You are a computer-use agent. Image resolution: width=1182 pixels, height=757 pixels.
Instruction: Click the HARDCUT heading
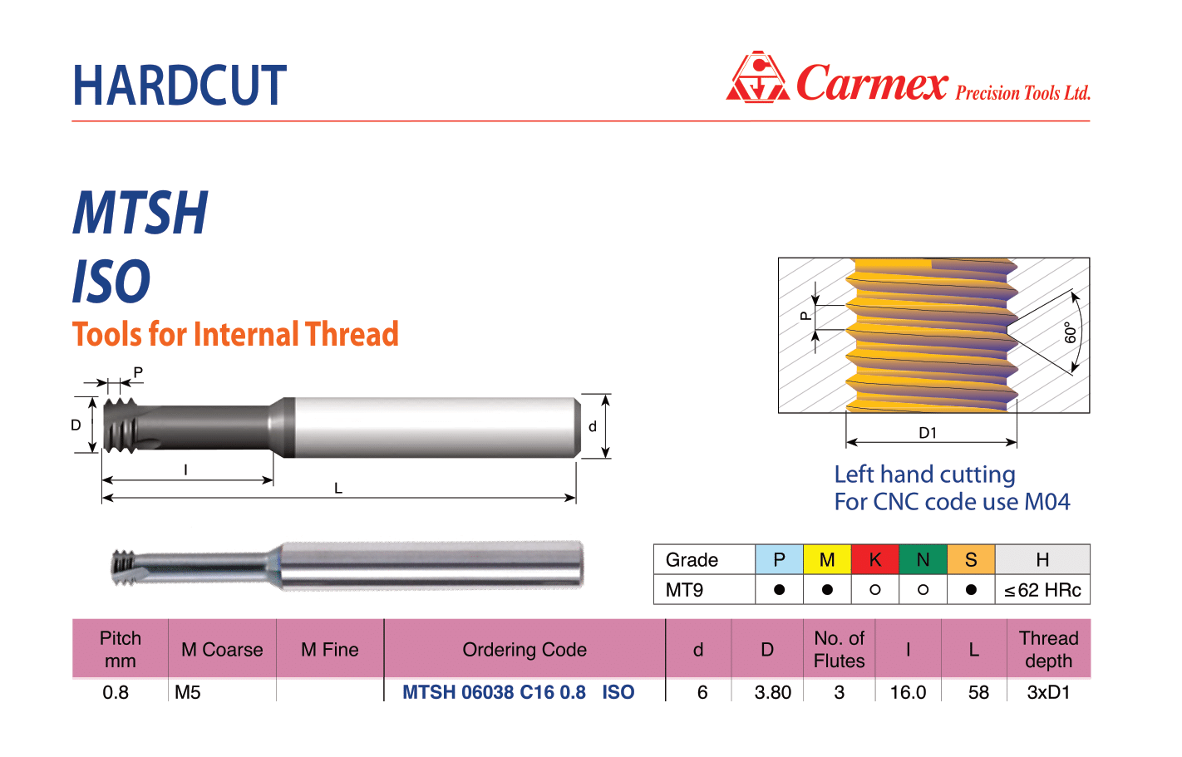click(180, 85)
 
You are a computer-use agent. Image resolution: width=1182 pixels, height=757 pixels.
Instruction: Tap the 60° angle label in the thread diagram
click(1070, 332)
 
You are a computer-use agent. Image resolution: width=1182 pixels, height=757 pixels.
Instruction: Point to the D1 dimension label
click(928, 433)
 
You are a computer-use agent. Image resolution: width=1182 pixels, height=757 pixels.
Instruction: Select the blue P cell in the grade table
click(779, 559)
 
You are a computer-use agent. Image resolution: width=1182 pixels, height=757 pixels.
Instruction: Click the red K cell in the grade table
click(875, 559)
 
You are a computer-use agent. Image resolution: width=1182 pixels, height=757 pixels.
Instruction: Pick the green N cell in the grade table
click(923, 559)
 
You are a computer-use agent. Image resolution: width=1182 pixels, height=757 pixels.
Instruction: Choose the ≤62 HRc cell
click(1042, 590)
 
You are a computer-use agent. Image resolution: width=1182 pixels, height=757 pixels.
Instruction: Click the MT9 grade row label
click(684, 590)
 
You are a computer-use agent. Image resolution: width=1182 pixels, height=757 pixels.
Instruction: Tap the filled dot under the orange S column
click(971, 590)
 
